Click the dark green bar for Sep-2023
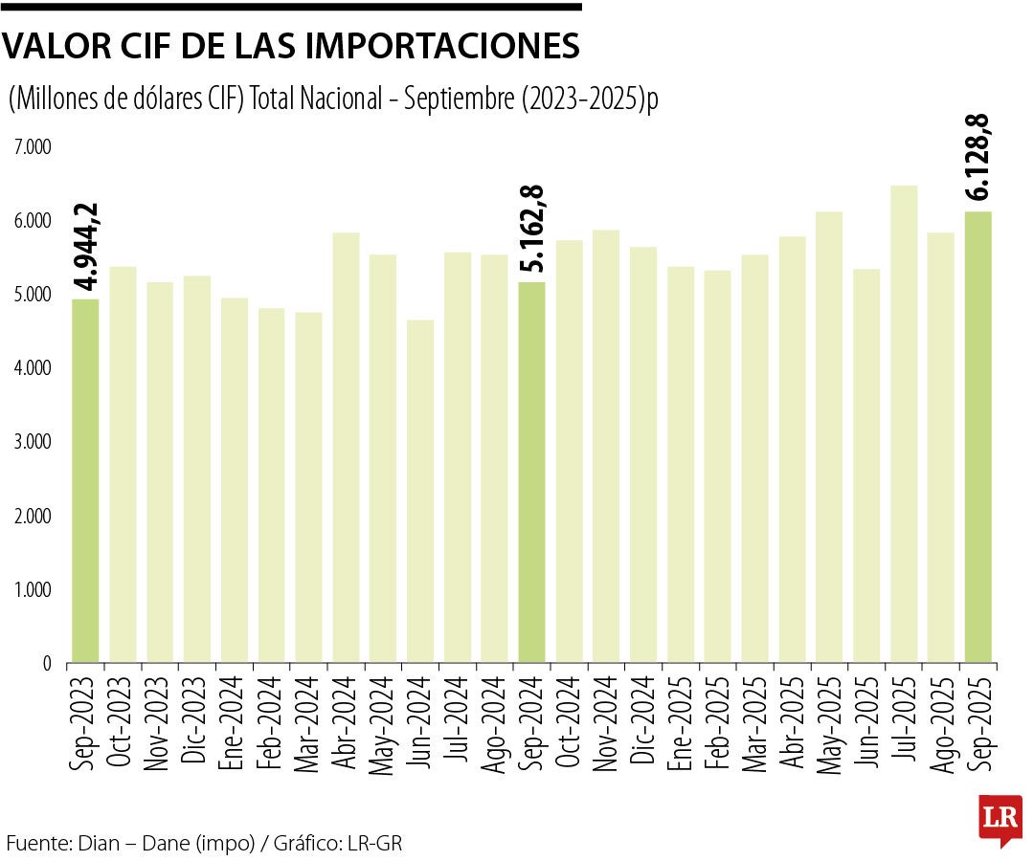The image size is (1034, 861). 85,480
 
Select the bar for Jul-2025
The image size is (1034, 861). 904,423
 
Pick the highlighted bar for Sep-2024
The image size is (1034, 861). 531,471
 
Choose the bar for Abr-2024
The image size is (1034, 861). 346,447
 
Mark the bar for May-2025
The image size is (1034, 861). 829,436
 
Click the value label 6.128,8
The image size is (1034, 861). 978,157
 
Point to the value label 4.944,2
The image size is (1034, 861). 87,246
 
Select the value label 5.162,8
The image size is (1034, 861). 532,229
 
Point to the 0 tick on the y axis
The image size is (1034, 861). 45,663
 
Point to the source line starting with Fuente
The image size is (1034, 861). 204,844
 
